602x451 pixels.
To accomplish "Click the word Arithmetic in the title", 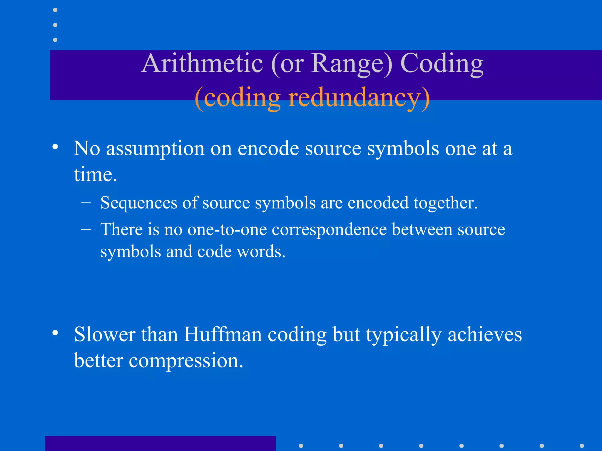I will (x=202, y=63).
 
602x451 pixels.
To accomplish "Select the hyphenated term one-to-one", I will (x=227, y=229).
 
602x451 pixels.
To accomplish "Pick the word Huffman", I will (x=223, y=334).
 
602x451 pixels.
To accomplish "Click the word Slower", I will (x=104, y=334).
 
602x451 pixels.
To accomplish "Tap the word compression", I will (x=186, y=361).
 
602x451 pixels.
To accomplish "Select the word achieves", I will (x=484, y=334).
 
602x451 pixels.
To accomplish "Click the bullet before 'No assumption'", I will (x=55, y=147).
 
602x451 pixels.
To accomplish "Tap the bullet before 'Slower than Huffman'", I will (x=55, y=333).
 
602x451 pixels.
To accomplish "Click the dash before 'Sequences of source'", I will (x=86, y=203).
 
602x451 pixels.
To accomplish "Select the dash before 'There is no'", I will (x=86, y=229).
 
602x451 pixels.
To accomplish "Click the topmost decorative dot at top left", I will (x=55, y=10).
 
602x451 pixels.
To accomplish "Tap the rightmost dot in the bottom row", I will (x=582, y=446).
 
